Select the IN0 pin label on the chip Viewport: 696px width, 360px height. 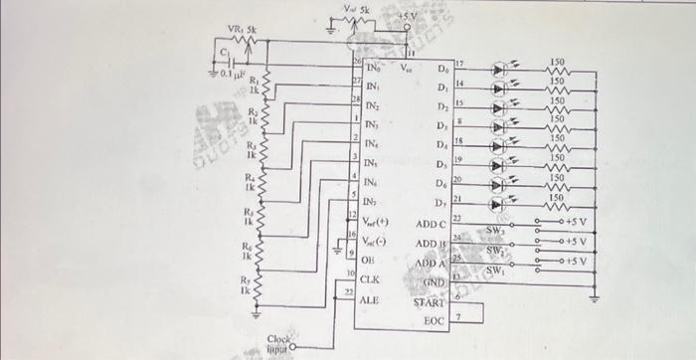pyautogui.click(x=373, y=70)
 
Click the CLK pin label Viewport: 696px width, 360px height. pyautogui.click(x=370, y=280)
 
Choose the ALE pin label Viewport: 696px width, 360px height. pyautogui.click(x=370, y=299)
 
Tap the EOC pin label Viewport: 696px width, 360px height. pyautogui.click(x=435, y=321)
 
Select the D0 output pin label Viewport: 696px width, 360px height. pyautogui.click(x=442, y=70)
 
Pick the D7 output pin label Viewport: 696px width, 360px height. pyautogui.click(x=442, y=203)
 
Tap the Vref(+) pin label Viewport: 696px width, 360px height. pyautogui.click(x=374, y=222)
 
